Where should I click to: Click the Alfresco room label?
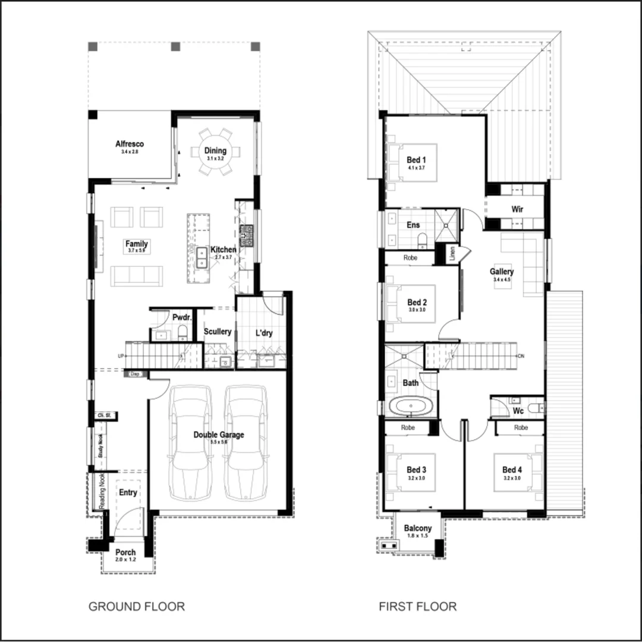(130, 144)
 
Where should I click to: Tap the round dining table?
(215, 152)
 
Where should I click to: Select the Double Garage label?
(218, 435)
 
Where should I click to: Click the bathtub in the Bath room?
(411, 407)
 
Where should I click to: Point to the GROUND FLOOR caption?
(137, 606)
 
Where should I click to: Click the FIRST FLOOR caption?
(418, 606)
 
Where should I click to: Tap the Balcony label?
(417, 528)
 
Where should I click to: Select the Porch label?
(125, 552)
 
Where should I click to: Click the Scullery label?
(218, 331)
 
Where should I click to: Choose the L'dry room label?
(263, 333)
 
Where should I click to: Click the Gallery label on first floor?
(502, 272)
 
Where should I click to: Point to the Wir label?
(517, 209)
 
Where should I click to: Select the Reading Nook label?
(102, 491)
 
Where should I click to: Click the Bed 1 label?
(416, 160)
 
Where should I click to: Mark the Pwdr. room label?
(181, 317)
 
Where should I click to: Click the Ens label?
(413, 225)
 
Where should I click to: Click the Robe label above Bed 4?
(521, 427)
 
